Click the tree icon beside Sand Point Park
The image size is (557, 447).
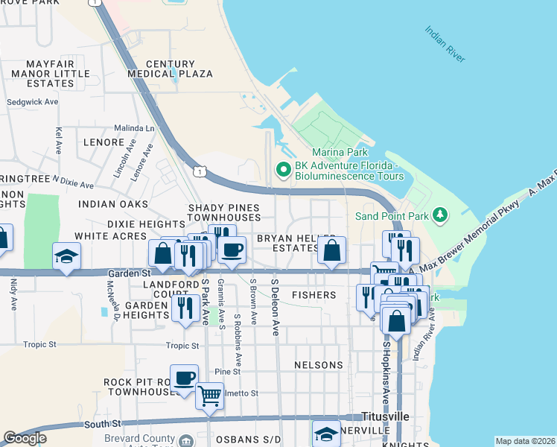coord(441,216)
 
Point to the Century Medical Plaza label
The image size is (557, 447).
coord(170,69)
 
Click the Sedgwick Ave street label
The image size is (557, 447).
coord(32,101)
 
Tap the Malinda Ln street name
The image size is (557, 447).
coord(133,128)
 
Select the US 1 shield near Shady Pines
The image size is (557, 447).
coord(198,171)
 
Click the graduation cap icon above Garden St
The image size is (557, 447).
coord(66,256)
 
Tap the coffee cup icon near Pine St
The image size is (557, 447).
coord(183,377)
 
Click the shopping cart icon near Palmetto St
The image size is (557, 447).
coord(209,395)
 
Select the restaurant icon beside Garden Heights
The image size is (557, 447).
coord(185,307)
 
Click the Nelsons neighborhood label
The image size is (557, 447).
coord(319,365)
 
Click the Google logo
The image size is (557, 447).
coord(25,438)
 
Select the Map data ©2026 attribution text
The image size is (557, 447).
coord(525,441)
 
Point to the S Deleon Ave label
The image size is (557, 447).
coord(275,308)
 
